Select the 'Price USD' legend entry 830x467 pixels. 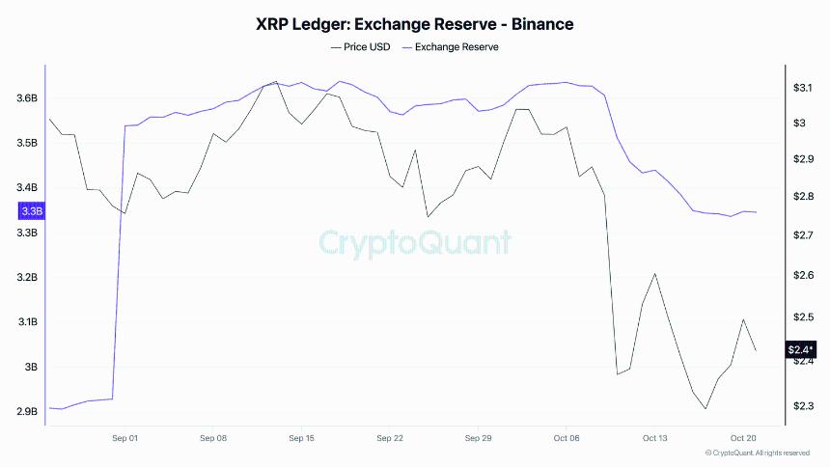[x=361, y=46]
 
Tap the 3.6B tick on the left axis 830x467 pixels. [x=27, y=98]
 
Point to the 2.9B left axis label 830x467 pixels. [x=27, y=412]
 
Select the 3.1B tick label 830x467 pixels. [x=27, y=322]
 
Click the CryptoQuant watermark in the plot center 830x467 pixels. [x=415, y=242]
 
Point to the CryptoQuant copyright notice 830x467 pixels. [x=758, y=453]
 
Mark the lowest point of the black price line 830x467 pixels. [x=705, y=409]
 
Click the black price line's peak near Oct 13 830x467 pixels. [x=655, y=273]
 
